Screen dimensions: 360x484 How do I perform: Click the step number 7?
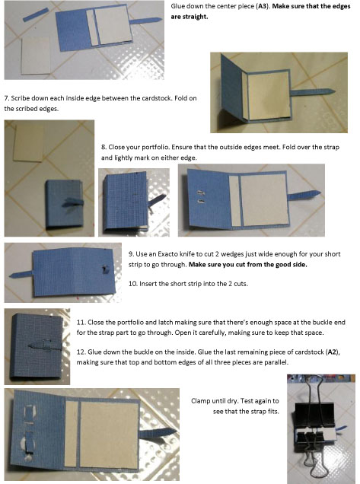pyautogui.click(x=6, y=98)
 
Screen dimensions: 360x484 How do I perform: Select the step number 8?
pyautogui.click(x=104, y=147)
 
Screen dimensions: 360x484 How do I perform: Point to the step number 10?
pyautogui.click(x=132, y=283)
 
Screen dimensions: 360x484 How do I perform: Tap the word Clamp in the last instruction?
pyautogui.click(x=199, y=401)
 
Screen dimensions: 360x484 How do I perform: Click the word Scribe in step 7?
pyautogui.click(x=19, y=98)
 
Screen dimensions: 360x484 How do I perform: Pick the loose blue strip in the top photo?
pyautogui.click(x=36, y=14)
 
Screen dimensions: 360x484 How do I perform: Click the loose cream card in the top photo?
pyautogui.click(x=36, y=56)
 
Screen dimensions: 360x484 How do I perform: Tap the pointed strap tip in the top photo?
pyautogui.click(x=159, y=20)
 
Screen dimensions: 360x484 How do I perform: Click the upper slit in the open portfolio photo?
pyautogui.click(x=201, y=193)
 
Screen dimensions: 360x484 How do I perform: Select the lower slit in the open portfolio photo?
pyautogui.click(x=201, y=201)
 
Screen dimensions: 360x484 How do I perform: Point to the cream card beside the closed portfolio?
pyautogui.click(x=28, y=144)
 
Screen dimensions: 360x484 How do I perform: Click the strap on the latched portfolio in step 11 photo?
pyautogui.click(x=44, y=345)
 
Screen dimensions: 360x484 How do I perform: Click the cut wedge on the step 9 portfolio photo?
pyautogui.click(x=105, y=269)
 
